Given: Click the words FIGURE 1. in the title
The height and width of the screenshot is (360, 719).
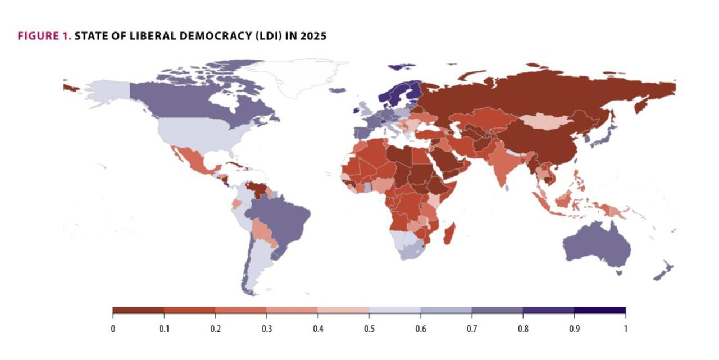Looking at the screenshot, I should [x=44, y=37].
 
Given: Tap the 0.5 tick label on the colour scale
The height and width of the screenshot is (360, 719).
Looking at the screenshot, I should [x=369, y=328].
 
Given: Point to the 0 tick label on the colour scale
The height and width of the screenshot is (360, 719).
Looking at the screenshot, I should [x=113, y=328].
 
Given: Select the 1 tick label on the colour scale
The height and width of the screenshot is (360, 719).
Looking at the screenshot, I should [x=625, y=328].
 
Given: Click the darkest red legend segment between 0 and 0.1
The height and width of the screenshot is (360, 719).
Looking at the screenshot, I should [x=138, y=310].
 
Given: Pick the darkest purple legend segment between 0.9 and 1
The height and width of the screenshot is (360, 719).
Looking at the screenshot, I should [x=599, y=310].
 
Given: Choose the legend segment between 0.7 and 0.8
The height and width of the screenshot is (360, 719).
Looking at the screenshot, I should [x=497, y=310].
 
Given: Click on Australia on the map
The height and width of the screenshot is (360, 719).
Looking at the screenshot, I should [x=595, y=247].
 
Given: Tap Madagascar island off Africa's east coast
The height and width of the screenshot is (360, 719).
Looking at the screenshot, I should [x=450, y=234].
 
